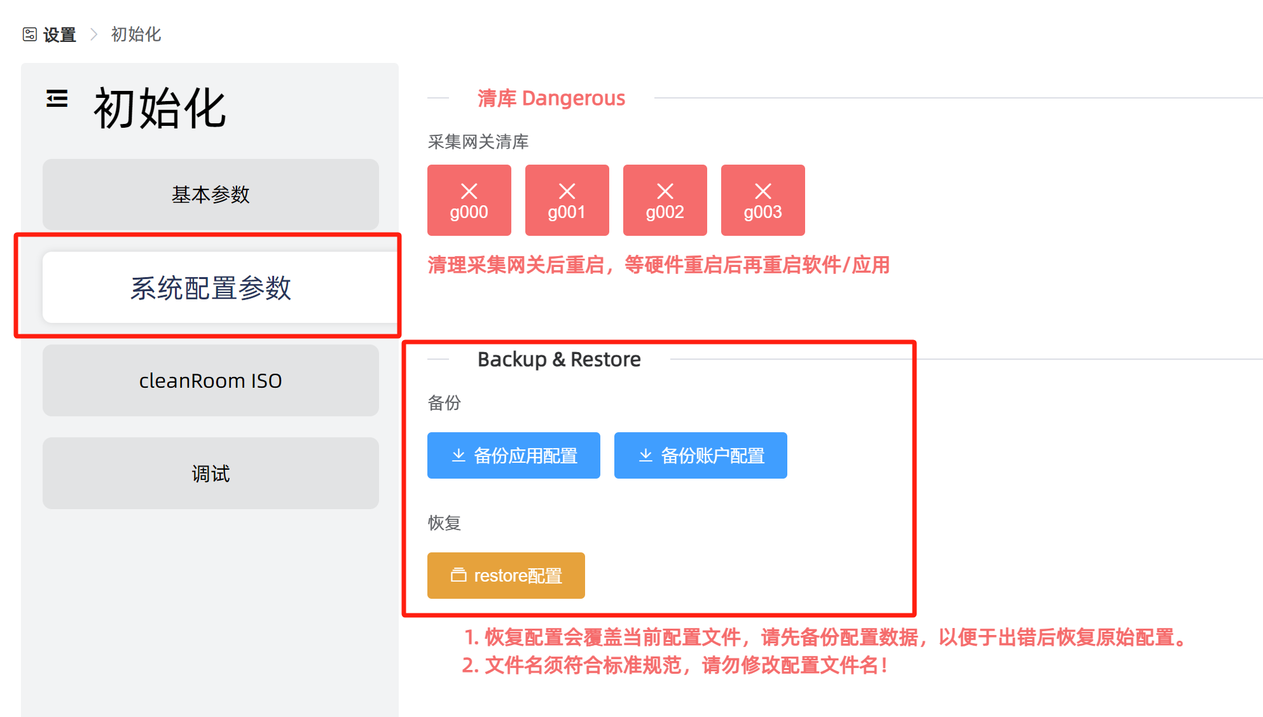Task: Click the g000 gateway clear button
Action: click(469, 201)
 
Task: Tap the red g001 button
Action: click(567, 201)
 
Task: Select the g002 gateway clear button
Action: click(665, 201)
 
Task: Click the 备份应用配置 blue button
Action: click(513, 456)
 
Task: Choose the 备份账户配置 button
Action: click(700, 456)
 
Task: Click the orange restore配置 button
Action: click(506, 576)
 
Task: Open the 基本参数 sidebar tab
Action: click(210, 195)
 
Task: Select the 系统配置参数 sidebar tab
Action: click(210, 288)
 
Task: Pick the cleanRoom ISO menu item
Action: click(210, 381)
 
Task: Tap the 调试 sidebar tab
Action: click(210, 474)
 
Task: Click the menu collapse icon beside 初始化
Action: click(57, 99)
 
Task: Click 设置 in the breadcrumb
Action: click(59, 35)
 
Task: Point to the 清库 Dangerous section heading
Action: click(551, 99)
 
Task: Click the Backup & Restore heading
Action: click(558, 360)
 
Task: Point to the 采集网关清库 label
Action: click(478, 142)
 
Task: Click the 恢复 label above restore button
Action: click(444, 523)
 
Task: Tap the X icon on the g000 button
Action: click(469, 191)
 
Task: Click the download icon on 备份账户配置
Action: click(645, 455)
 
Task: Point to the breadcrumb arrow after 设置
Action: click(94, 34)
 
